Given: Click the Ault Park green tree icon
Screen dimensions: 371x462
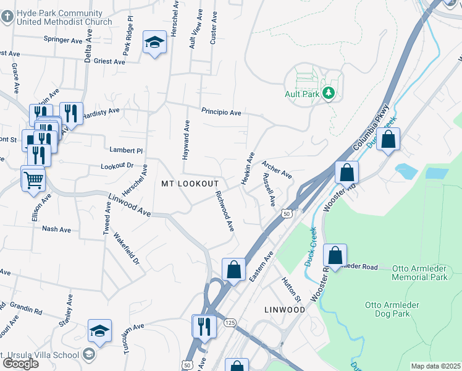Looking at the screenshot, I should click(x=330, y=93).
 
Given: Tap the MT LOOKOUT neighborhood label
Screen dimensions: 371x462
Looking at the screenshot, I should click(x=190, y=184).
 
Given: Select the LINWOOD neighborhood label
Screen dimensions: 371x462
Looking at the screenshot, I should click(x=285, y=309).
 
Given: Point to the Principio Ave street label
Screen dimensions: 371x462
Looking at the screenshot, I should click(x=220, y=112).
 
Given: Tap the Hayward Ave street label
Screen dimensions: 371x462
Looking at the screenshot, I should click(x=185, y=140).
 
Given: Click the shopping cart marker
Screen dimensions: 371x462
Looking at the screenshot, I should click(x=34, y=179).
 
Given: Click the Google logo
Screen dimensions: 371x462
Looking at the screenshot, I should click(x=20, y=363).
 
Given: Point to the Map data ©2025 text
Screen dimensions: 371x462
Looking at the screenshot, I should click(x=435, y=366).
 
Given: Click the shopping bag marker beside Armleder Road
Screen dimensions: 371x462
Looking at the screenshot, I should click(x=335, y=255).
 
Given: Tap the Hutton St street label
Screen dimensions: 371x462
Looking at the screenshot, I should click(x=290, y=289).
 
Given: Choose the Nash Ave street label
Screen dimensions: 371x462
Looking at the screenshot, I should click(x=57, y=229).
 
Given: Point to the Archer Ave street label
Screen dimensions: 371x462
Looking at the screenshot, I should click(x=276, y=169).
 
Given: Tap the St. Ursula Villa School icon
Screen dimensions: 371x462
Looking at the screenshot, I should click(x=88, y=354).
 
